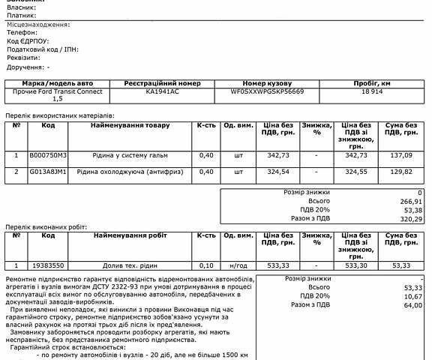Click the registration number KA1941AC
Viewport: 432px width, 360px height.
pyautogui.click(x=162, y=91)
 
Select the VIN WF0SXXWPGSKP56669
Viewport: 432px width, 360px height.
pyautogui.click(x=268, y=91)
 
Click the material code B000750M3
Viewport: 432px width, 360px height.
pyautogui.click(x=48, y=155)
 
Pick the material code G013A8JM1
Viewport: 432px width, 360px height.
pyautogui.click(x=48, y=172)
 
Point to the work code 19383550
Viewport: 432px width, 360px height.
pyautogui.click(x=48, y=265)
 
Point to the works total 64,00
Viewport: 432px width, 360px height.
pyautogui.click(x=412, y=305)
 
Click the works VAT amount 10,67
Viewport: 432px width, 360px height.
pyautogui.click(x=412, y=296)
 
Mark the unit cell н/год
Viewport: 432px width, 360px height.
pyautogui.click(x=238, y=265)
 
